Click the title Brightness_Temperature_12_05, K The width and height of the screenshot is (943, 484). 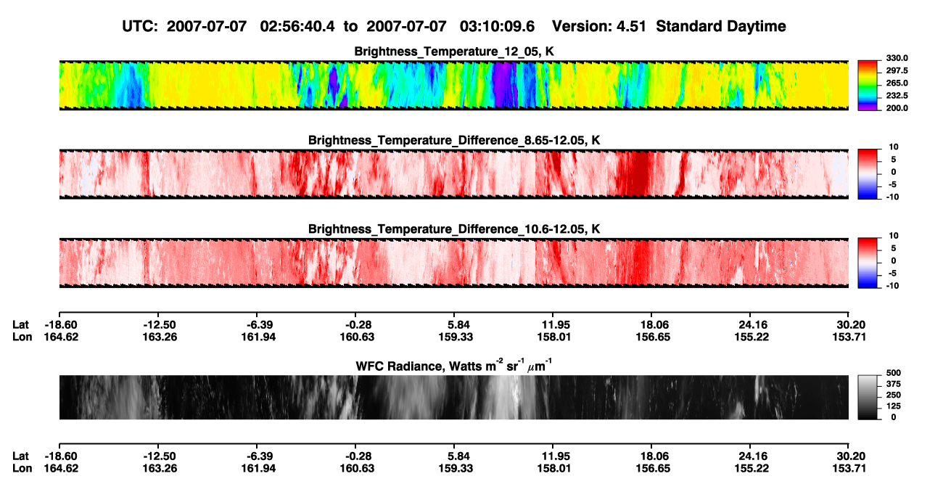(x=454, y=52)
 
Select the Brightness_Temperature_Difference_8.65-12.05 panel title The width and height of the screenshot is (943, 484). (x=454, y=140)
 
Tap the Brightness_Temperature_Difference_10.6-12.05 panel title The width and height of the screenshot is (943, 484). (x=454, y=229)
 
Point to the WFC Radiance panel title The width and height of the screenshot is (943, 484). (x=454, y=365)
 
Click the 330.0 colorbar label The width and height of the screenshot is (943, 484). (x=897, y=58)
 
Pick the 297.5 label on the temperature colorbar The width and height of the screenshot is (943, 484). (x=897, y=70)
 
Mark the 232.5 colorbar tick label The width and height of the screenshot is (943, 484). (x=897, y=96)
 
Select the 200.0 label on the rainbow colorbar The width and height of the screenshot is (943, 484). (x=897, y=108)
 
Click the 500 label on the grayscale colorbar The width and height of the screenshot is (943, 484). (x=894, y=373)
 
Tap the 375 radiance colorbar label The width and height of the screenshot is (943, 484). (x=894, y=384)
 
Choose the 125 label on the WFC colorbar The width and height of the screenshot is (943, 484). (x=894, y=406)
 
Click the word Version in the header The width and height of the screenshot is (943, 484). (x=582, y=26)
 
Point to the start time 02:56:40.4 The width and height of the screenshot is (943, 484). (x=297, y=26)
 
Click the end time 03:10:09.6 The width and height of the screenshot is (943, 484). (x=497, y=26)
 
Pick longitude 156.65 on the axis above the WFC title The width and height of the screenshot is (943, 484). (x=653, y=337)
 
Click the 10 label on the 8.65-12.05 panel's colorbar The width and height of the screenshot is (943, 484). (x=894, y=147)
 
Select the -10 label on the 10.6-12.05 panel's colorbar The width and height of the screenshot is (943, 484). (x=892, y=286)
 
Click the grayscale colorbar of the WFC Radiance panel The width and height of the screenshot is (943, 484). (x=868, y=397)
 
